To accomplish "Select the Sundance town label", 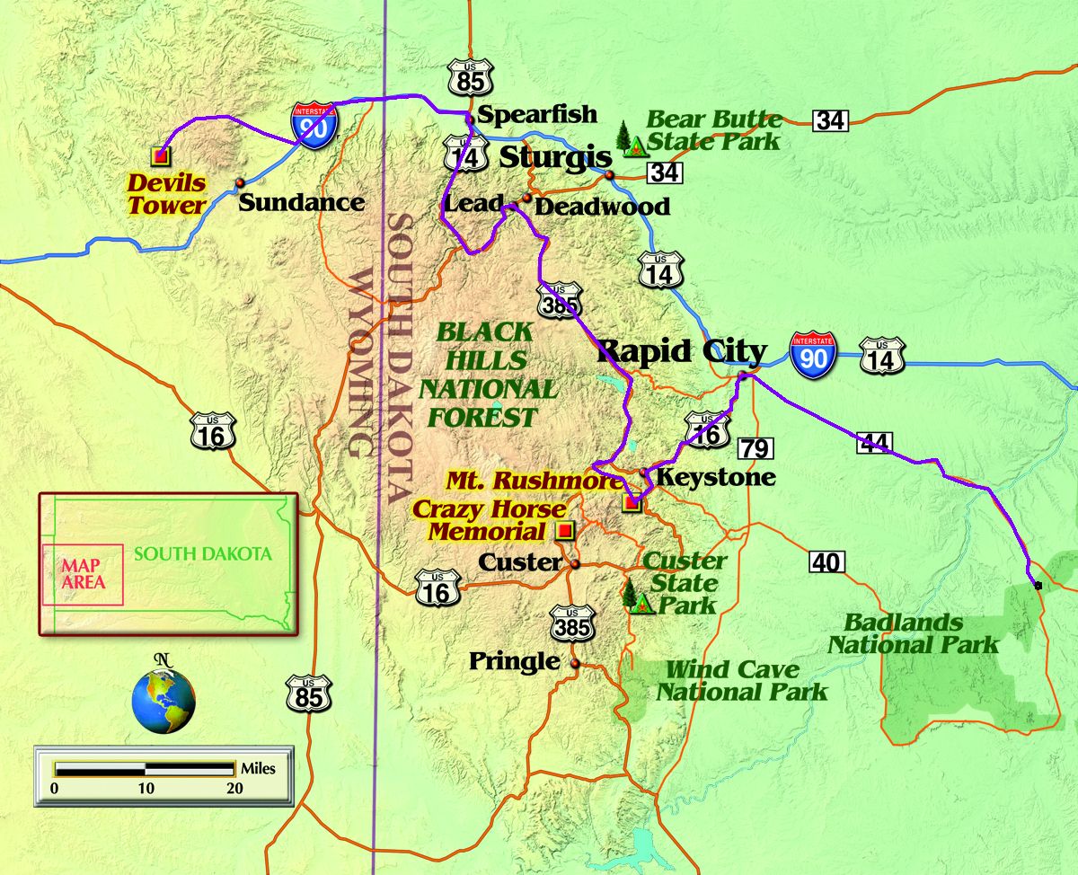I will pyautogui.click(x=301, y=201).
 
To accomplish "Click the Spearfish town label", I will pyautogui.click(x=536, y=114).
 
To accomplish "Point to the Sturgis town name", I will pyautogui.click(x=555, y=157).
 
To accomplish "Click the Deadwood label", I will pyautogui.click(x=602, y=207).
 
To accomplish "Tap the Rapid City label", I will pyautogui.click(x=683, y=350).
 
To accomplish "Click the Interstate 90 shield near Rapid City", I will pyautogui.click(x=813, y=353).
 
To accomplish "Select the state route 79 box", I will pyautogui.click(x=755, y=447).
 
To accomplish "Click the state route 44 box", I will pyautogui.click(x=874, y=441).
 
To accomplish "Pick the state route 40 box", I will pyautogui.click(x=826, y=562).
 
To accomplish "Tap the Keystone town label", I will pyautogui.click(x=715, y=476).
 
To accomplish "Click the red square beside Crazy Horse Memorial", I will pyautogui.click(x=564, y=530).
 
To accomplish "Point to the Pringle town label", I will pyautogui.click(x=514, y=661).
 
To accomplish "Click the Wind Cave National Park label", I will pyautogui.click(x=741, y=680).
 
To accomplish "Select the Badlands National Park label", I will pyautogui.click(x=912, y=633).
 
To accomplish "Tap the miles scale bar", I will pyautogui.click(x=144, y=769).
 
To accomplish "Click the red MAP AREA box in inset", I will pyautogui.click(x=83, y=574).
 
